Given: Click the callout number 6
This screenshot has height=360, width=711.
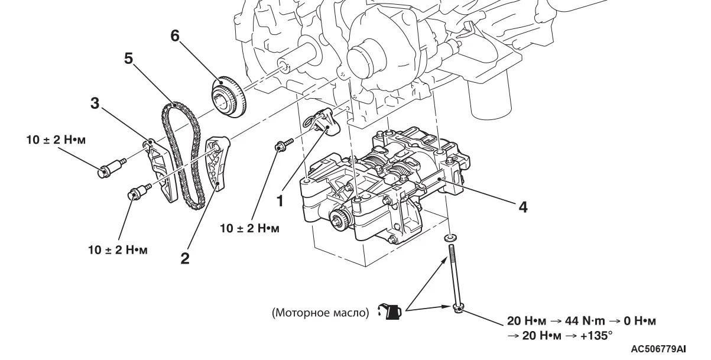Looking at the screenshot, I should (x=174, y=35).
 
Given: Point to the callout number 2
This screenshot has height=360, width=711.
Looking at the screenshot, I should (x=185, y=258).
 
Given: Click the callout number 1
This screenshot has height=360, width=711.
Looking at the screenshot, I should (x=280, y=200).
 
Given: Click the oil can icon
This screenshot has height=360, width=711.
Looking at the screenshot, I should (x=392, y=312).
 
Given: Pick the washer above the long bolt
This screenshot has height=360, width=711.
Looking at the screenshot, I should (x=450, y=237).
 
